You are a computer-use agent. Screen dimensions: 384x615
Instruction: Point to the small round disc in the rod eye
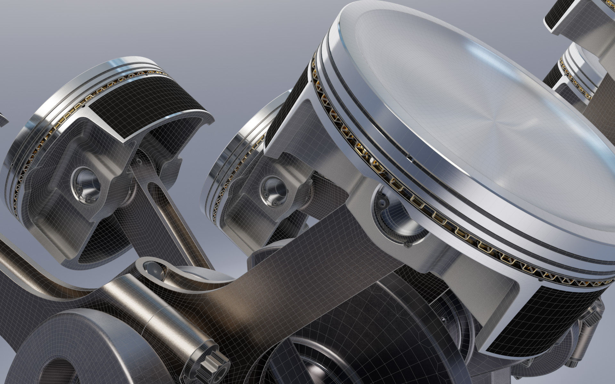(x=151, y=265)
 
